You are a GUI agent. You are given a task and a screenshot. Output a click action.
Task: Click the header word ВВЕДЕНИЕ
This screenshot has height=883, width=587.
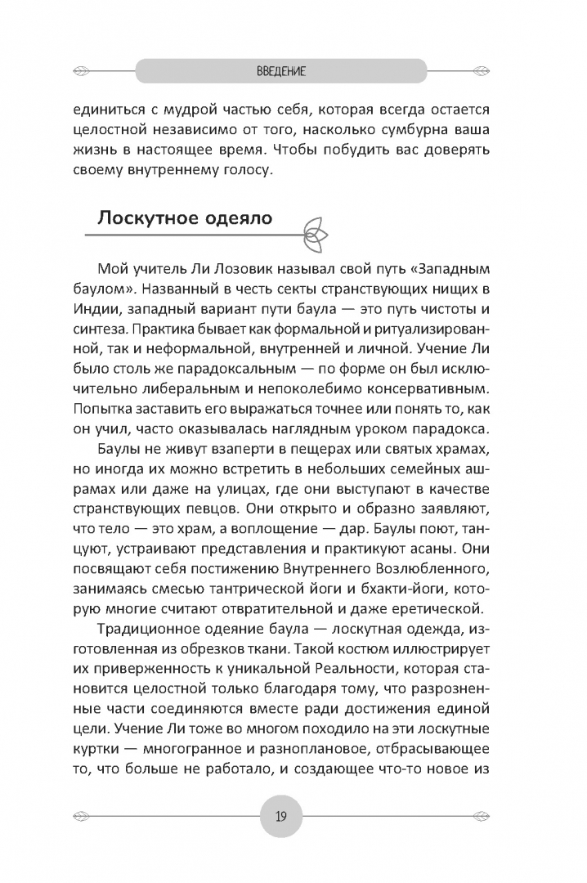pos(280,72)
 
